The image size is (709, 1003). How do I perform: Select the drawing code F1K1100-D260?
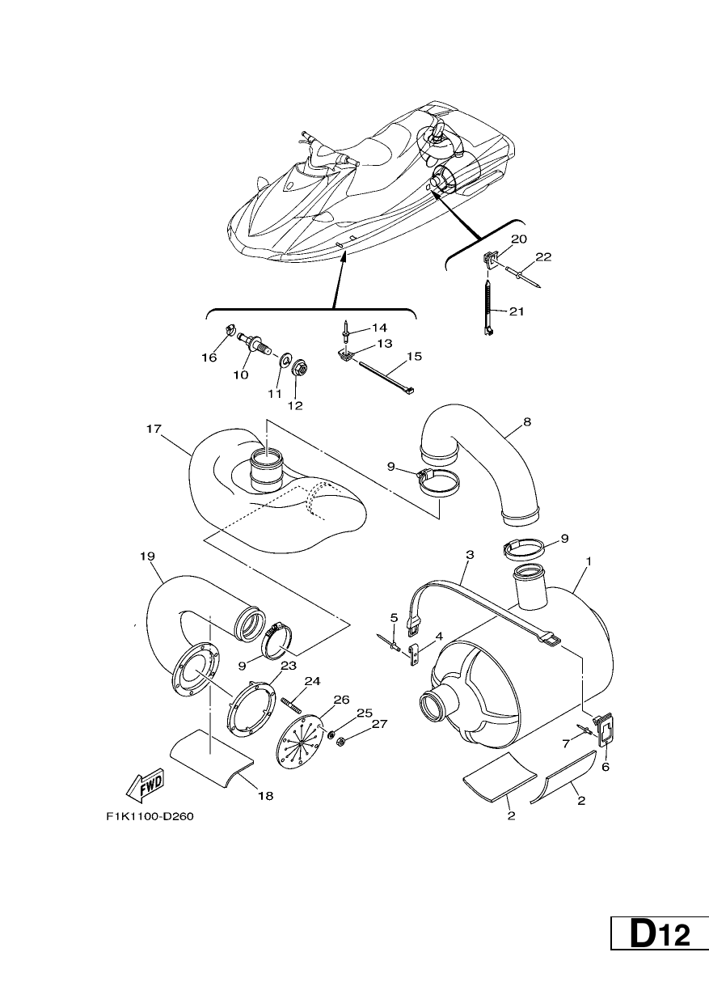(x=150, y=817)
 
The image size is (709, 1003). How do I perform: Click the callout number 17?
(x=154, y=429)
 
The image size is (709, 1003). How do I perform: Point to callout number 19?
(x=147, y=557)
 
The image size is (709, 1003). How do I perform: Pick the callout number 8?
(x=527, y=421)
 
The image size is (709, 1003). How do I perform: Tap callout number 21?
(x=517, y=311)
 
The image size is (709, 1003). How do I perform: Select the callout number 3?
(x=470, y=555)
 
